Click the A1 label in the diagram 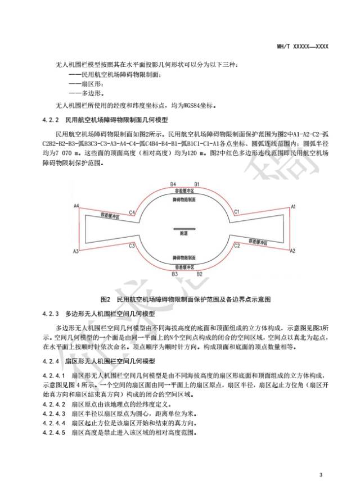[x=292, y=206]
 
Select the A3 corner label [x=75, y=251]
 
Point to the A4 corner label [x=75, y=206]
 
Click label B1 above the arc [x=197, y=184]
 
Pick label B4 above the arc [x=174, y=184]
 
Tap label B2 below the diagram [x=197, y=274]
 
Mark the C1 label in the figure [x=237, y=212]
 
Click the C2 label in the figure [x=237, y=246]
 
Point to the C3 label [x=132, y=246]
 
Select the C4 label [x=132, y=212]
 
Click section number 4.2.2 [x=51, y=120]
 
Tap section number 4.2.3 [x=51, y=312]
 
